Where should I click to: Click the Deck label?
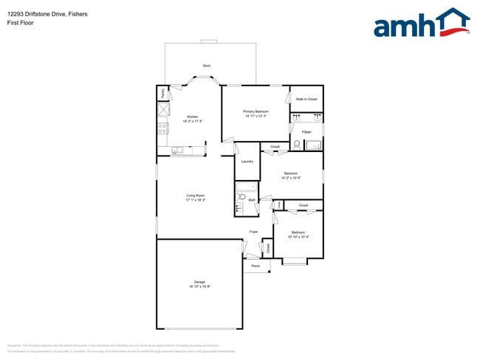click(207, 66)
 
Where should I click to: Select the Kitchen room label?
click(192, 117)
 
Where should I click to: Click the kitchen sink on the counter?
click(177, 151)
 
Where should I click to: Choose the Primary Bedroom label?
click(256, 111)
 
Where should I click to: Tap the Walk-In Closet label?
click(306, 98)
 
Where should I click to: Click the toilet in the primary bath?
click(296, 144)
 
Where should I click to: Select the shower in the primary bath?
click(314, 144)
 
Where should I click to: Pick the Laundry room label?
click(247, 162)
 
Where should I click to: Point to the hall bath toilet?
click(241, 198)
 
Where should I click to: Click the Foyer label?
click(253, 232)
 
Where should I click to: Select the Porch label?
click(256, 266)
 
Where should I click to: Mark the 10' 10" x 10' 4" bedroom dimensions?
click(299, 236)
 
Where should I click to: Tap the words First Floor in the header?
click(20, 22)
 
